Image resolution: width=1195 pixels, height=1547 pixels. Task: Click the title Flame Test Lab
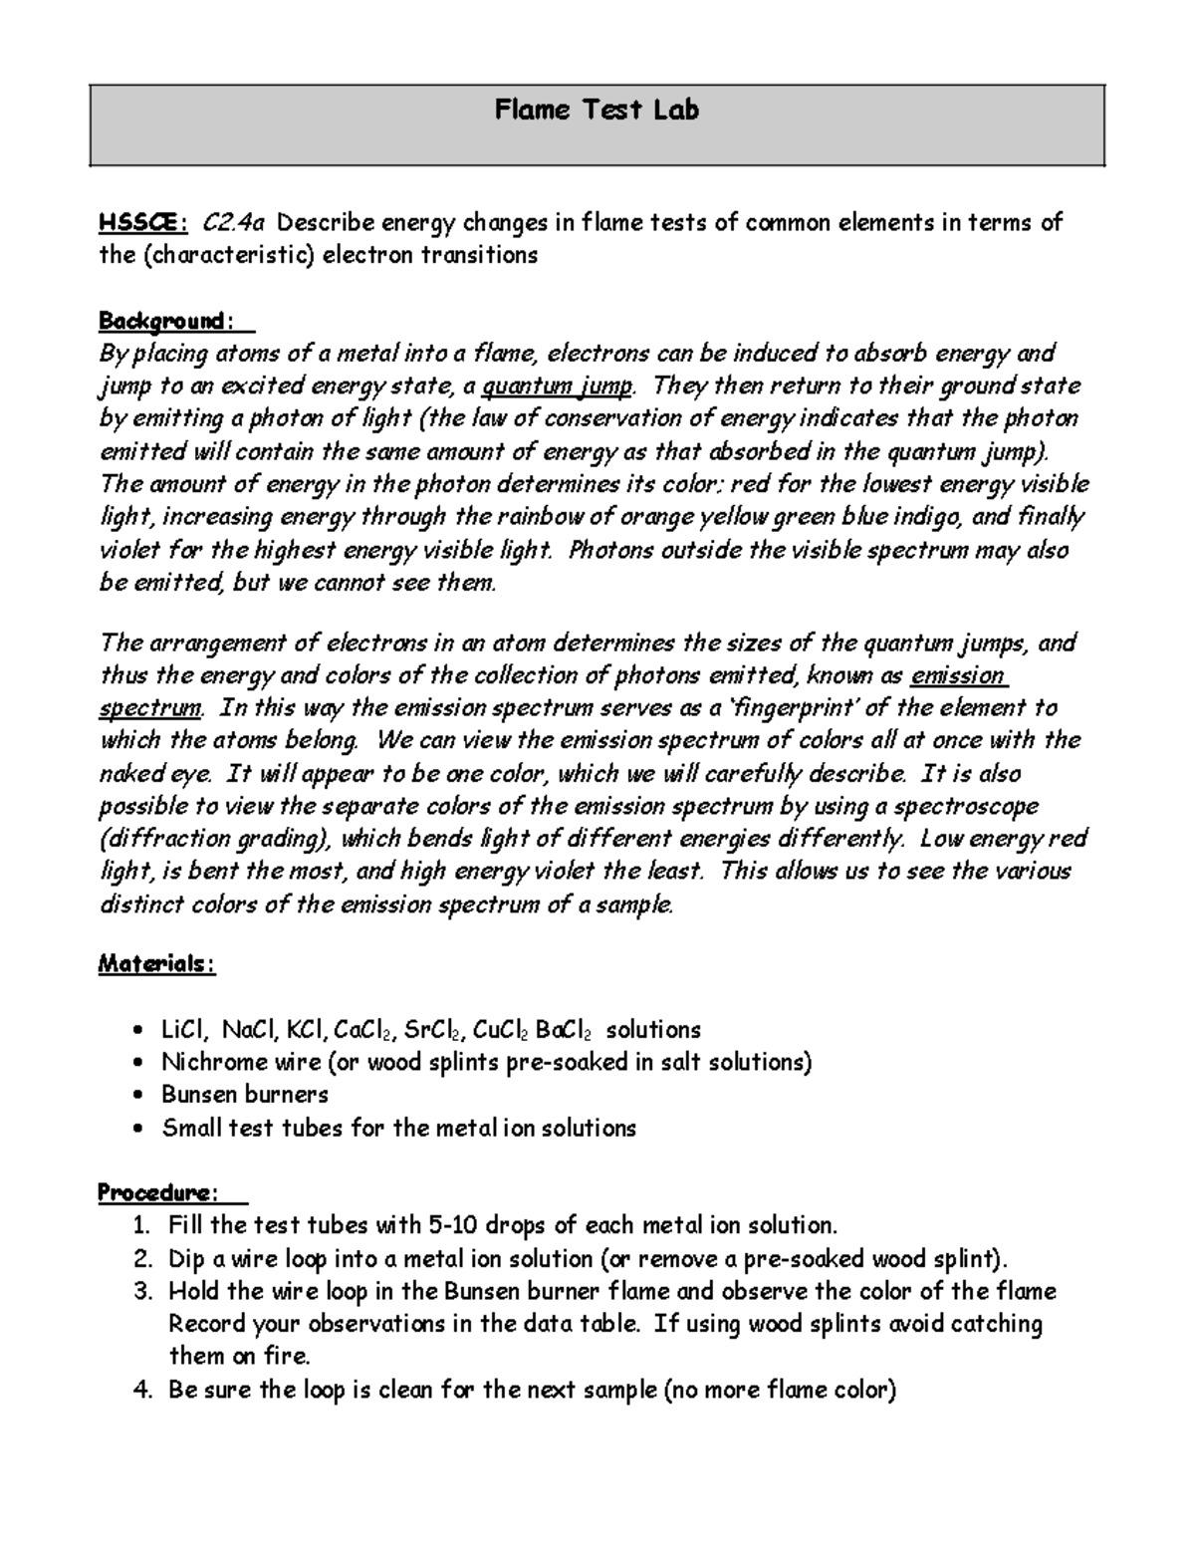pos(597,110)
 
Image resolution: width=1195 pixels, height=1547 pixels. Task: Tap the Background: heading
pos(165,322)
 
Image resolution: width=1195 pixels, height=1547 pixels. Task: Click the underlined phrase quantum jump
pos(557,387)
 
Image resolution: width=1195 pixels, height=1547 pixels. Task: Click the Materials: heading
pos(155,964)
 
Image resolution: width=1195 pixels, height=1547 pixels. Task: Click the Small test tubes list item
pos(398,1128)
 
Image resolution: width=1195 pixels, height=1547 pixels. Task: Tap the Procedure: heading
pos(159,1192)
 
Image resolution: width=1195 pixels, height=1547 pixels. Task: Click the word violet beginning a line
pos(130,551)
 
